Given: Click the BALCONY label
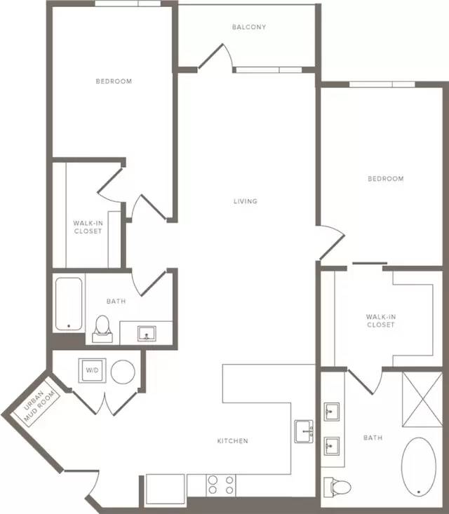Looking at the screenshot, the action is point(249,27).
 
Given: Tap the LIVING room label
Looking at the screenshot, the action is point(246,201).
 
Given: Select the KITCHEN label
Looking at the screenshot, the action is point(232,441).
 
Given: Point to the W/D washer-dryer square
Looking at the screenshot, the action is point(92,370).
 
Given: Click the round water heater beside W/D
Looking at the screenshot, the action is point(123,372).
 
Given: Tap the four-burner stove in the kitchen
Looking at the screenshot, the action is point(221,485).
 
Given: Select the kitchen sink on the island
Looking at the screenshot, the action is point(304,431).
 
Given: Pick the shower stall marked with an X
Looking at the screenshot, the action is point(422,399).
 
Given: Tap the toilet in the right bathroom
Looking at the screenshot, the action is point(337,487).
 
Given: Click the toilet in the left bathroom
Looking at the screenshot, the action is point(102,329).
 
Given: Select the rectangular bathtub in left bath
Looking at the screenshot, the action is point(69,304).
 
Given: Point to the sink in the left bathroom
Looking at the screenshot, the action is point(147,333).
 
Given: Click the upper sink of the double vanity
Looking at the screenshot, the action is point(332,412).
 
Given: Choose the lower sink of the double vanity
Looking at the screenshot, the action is point(332,446).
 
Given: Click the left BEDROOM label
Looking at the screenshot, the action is point(114,81).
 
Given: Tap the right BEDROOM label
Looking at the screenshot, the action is point(386,179).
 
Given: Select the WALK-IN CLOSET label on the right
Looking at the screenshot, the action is point(381,320).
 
